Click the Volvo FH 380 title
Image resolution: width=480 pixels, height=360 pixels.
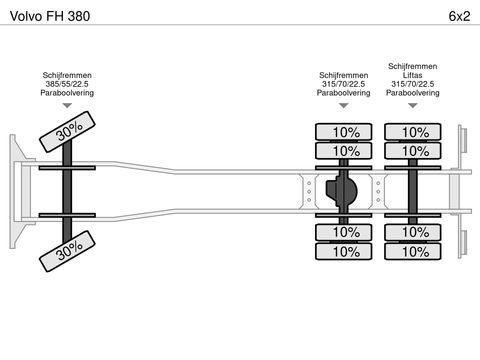pos(50,16)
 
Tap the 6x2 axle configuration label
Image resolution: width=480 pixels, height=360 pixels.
pos(459,16)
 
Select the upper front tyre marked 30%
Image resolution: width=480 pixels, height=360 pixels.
pos(67,132)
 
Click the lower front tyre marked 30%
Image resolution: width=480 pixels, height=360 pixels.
pos(67,251)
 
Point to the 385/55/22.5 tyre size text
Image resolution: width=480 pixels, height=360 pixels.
pos(67,84)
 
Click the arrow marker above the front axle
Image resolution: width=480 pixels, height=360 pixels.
pos(67,106)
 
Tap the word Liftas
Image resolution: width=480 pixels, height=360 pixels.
pos(413,75)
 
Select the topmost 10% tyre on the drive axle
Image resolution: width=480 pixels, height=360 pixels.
pos(343,132)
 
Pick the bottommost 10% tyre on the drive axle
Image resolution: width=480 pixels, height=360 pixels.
pos(343,251)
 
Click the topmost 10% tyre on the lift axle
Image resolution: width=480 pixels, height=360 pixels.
pos(413,132)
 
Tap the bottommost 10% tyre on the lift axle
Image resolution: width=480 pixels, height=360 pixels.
pos(413,251)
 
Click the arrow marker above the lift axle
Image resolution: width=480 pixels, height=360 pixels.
pos(413,106)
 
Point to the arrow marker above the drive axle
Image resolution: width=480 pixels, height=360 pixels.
pos(344,106)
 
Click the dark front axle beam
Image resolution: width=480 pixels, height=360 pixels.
pos(67,192)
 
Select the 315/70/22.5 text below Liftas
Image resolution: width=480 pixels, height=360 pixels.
pos(413,84)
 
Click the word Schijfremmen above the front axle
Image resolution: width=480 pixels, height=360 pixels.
pos(67,75)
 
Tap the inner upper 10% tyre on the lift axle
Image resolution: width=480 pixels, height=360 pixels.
pos(413,151)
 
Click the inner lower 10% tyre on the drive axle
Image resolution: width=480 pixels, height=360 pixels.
pos(343,232)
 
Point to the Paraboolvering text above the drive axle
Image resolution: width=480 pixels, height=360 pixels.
pos(344,93)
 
